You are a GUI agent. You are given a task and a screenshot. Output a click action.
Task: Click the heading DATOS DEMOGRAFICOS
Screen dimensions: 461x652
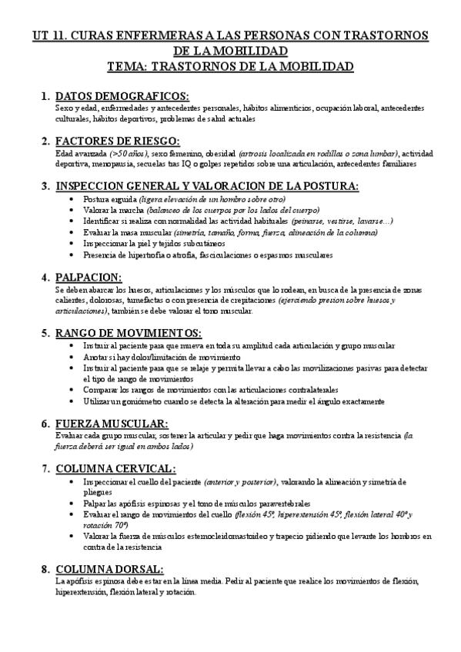pos(122,96)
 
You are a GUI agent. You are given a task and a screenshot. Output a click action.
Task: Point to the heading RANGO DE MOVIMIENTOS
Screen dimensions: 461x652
pos(129,333)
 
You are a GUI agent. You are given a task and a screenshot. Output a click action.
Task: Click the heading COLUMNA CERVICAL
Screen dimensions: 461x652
pos(115,468)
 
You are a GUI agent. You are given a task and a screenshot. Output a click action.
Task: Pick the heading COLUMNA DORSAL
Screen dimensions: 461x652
pos(109,569)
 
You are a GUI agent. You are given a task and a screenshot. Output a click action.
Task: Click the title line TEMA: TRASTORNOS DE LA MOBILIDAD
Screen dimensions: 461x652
pos(230,67)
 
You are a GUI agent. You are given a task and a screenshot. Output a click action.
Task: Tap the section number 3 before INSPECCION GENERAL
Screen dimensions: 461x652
pos(45,186)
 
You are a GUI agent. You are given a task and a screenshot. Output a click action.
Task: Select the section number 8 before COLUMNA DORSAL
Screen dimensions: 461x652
pos(45,569)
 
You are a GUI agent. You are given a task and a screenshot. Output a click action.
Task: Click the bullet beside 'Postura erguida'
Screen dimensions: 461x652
pos(72,199)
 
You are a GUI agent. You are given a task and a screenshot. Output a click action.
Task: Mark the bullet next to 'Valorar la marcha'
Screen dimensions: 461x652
pos(72,210)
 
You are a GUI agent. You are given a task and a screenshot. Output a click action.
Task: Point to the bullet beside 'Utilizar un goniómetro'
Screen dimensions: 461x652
pos(72,402)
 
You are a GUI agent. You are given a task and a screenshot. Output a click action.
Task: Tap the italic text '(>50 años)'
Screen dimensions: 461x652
pos(112,154)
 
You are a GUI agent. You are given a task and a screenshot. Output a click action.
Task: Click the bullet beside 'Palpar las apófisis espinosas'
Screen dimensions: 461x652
pos(72,504)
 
